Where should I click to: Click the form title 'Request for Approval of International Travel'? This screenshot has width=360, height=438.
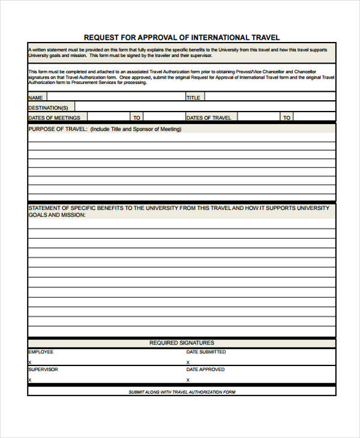click(181, 37)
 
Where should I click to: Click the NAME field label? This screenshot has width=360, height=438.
click(36, 97)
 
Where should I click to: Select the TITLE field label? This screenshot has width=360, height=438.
click(193, 97)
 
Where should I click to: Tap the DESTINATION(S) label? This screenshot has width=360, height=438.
click(48, 107)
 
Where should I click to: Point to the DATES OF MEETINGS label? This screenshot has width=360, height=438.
click(55, 118)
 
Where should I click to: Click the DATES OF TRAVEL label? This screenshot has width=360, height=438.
click(209, 118)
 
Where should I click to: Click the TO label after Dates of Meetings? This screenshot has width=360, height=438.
click(137, 118)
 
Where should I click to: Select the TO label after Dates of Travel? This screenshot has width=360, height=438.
click(287, 118)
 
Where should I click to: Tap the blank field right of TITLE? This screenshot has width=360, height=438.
click(270, 97)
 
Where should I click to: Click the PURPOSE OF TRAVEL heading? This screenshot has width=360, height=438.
click(105, 129)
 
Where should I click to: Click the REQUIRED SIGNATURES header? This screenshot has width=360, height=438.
click(181, 343)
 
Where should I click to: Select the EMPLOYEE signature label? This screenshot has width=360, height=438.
click(41, 352)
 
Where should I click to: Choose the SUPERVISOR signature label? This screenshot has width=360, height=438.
click(43, 370)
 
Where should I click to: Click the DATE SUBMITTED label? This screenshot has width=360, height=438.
click(206, 352)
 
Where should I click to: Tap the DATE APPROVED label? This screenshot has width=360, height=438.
click(205, 370)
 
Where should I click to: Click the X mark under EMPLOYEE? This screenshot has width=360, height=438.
click(29, 362)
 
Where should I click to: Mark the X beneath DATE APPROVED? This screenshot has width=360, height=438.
click(188, 380)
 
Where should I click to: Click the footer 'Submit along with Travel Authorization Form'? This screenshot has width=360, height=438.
click(182, 392)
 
